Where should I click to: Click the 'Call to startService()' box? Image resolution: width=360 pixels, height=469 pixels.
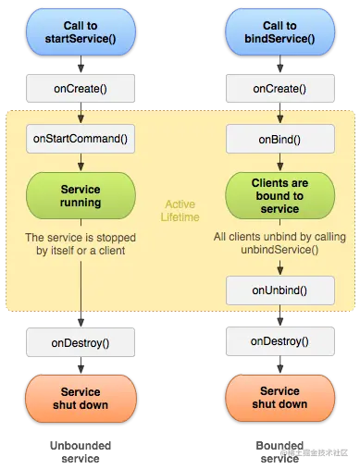click(x=80, y=33)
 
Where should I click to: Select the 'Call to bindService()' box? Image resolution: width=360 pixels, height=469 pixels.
click(x=279, y=33)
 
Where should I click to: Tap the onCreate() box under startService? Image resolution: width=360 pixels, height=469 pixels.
click(x=80, y=90)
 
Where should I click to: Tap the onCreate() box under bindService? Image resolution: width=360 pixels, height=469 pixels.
click(x=279, y=90)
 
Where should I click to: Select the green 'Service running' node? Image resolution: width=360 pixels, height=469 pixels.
click(x=80, y=195)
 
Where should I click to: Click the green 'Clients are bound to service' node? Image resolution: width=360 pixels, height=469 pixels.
click(x=279, y=195)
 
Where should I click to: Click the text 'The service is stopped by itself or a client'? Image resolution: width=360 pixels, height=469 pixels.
click(x=81, y=243)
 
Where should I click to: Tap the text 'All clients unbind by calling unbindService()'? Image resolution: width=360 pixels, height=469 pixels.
click(x=279, y=243)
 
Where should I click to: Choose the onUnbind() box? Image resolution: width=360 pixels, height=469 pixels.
click(x=279, y=290)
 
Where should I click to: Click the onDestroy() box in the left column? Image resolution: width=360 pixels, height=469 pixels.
click(x=80, y=342)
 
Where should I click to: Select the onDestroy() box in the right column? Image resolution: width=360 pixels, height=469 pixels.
click(x=279, y=341)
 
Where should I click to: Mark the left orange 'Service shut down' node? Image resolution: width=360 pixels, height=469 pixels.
click(x=80, y=398)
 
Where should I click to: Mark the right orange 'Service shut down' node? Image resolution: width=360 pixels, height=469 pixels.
click(x=279, y=398)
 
